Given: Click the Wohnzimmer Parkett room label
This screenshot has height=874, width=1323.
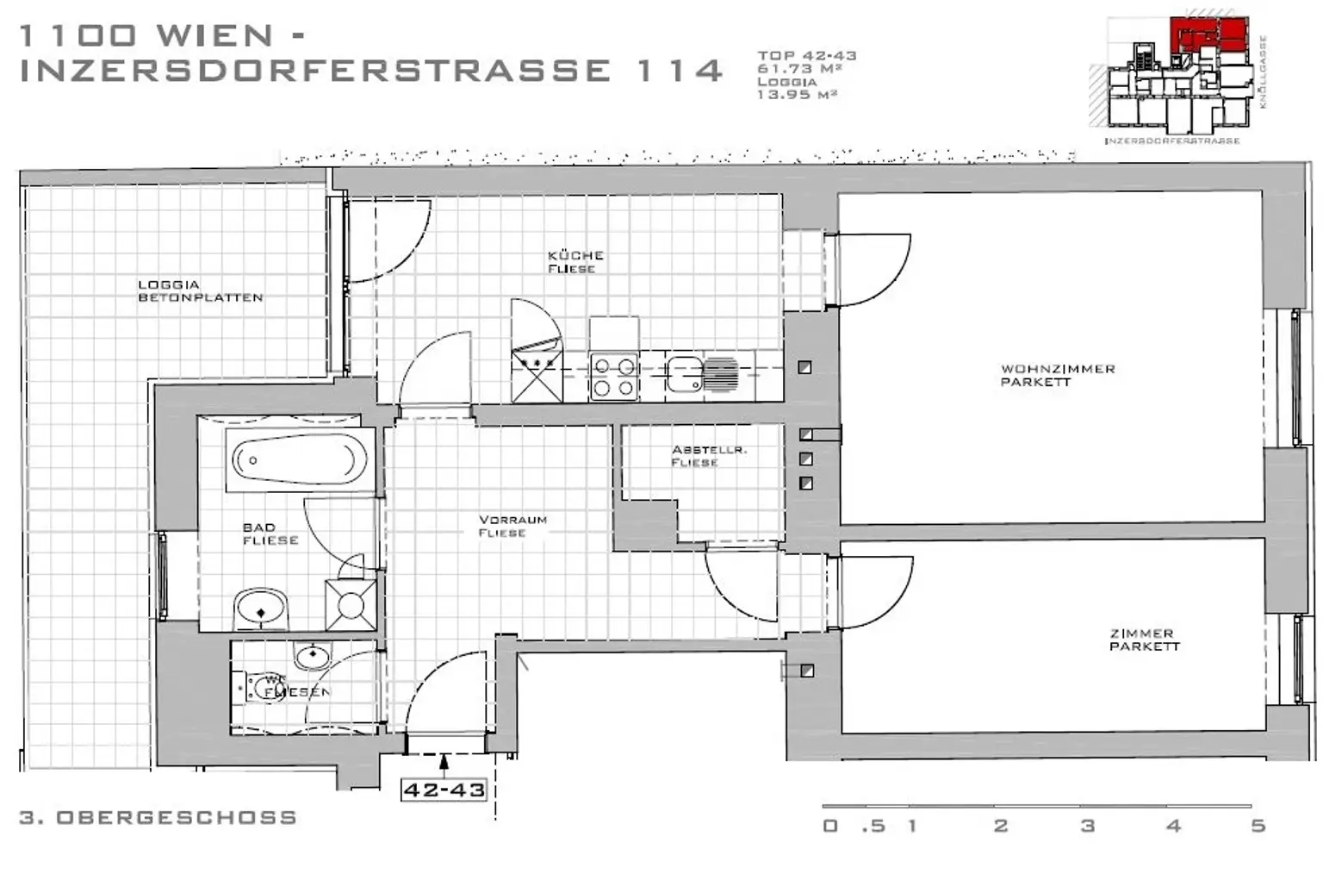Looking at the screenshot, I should click(1057, 375).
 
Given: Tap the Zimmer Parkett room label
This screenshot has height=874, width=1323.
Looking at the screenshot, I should click(1143, 640).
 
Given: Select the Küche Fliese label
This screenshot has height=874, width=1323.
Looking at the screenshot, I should click(575, 262).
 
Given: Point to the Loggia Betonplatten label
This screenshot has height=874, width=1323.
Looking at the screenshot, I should click(200, 291).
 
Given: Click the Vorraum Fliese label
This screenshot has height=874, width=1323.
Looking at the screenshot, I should click(512, 526).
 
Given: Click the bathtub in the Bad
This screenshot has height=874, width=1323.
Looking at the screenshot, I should click(300, 460).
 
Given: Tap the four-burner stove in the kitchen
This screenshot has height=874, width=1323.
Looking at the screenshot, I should click(613, 378).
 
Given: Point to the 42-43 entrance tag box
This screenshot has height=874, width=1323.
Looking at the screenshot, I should click(444, 790).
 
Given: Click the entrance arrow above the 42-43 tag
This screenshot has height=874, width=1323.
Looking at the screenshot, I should click(444, 761).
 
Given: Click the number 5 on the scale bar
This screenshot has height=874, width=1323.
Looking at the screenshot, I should click(1258, 826).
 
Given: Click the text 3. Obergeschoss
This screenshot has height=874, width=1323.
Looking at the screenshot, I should click(158, 817).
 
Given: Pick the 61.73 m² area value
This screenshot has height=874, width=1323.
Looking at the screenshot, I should click(798, 69).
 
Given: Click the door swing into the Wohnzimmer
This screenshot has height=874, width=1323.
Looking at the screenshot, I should click(872, 269).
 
